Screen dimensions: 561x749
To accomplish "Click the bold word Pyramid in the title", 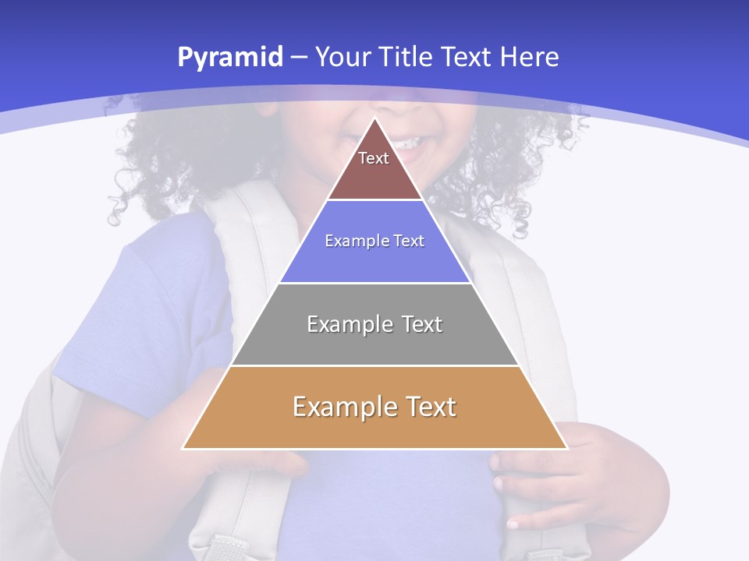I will (x=229, y=58).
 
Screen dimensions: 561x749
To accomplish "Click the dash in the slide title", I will (x=299, y=58).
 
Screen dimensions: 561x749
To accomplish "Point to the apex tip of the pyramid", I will (x=375, y=118).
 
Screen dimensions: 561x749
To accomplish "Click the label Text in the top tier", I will (x=374, y=158).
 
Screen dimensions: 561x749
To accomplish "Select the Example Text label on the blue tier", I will (x=374, y=241).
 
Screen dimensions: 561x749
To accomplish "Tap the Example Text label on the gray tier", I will (x=374, y=324).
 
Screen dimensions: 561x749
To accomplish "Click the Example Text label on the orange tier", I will (x=374, y=407).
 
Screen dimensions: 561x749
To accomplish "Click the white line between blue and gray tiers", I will (x=374, y=283).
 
